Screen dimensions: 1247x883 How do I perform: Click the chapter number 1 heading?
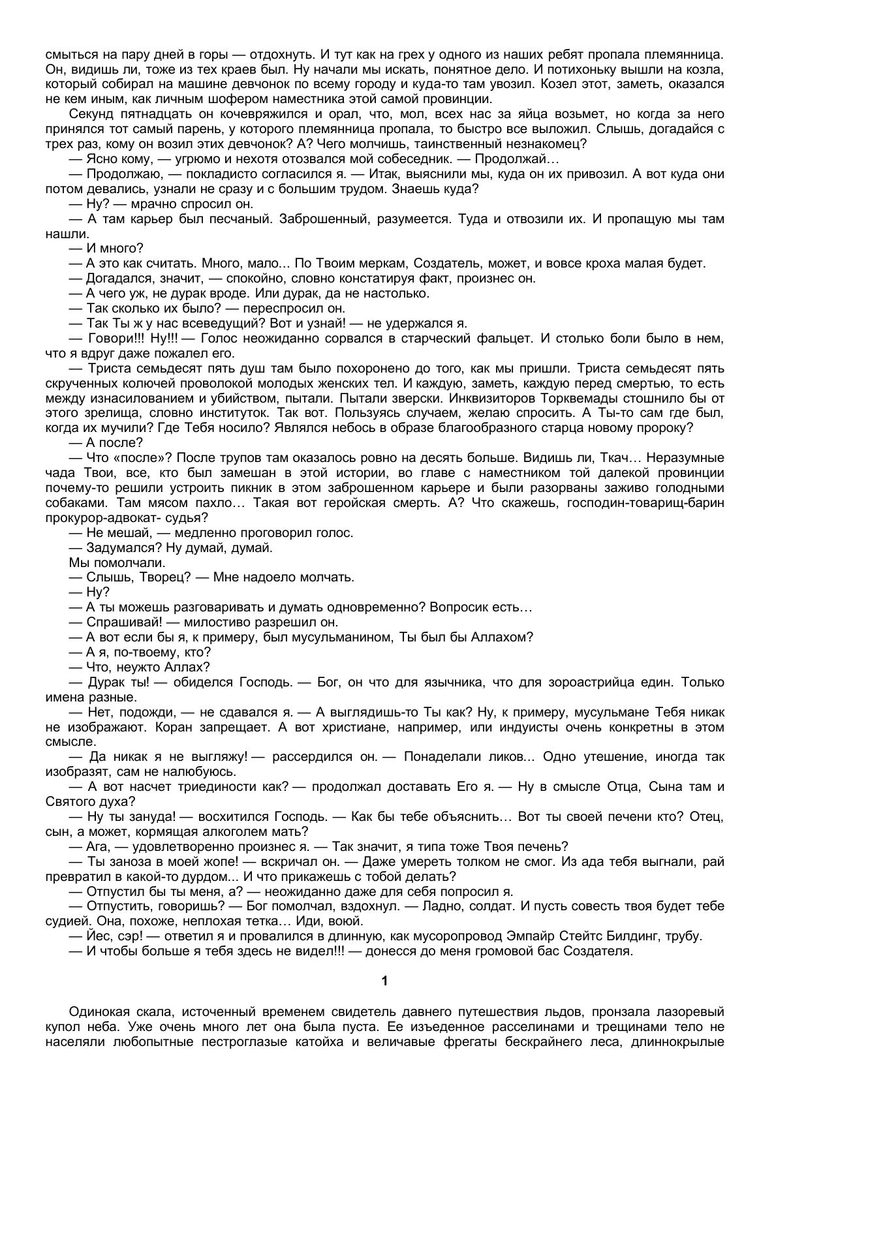384,981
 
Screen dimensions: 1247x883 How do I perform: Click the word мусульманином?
339,637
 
